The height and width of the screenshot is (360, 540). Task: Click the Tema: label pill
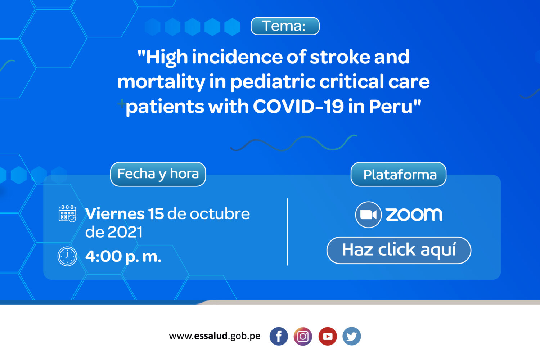tap(285, 26)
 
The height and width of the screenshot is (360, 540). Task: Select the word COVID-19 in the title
tap(298, 106)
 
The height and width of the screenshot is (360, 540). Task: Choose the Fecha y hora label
tap(158, 174)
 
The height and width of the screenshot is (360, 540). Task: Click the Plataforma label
tap(398, 174)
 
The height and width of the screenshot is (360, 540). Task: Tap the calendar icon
tap(67, 213)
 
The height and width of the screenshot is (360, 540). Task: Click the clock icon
tap(67, 256)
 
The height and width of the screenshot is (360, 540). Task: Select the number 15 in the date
tap(156, 213)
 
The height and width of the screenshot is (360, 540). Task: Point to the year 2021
tap(125, 232)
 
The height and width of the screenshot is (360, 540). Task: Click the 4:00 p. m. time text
tap(123, 257)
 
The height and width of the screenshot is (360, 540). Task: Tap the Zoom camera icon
tap(368, 215)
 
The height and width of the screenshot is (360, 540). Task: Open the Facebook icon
tap(279, 336)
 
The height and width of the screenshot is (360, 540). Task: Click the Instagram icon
tap(303, 336)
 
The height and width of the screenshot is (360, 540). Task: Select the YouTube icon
tap(327, 336)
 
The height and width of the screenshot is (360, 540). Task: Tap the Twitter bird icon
tap(352, 336)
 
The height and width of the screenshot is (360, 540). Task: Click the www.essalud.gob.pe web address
tap(215, 336)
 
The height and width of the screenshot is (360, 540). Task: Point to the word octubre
tap(220, 213)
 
